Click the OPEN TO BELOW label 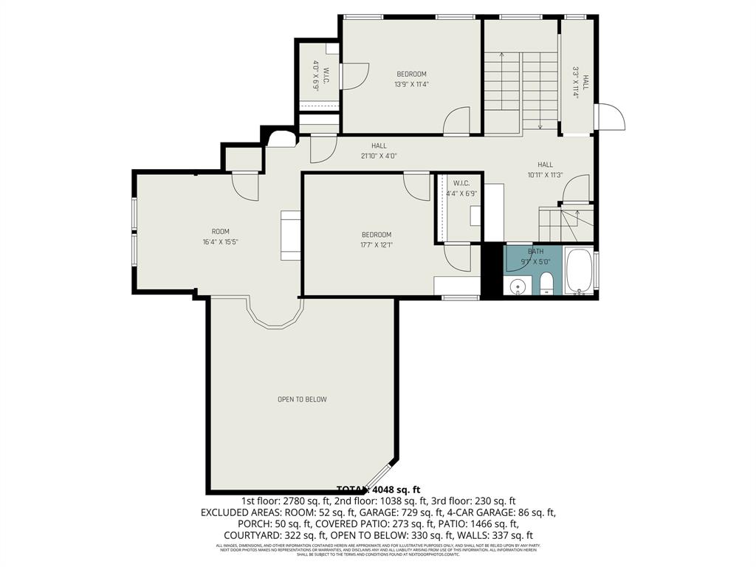[x=302, y=399]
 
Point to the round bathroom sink [x=518, y=285]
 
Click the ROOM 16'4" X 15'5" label [x=225, y=236]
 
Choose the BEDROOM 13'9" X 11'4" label [x=411, y=78]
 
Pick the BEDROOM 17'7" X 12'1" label [x=376, y=240]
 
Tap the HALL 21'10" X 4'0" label [x=379, y=151]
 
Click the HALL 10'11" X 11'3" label [x=545, y=170]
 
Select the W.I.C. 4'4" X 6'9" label [x=461, y=188]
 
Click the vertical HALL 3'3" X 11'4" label [x=580, y=83]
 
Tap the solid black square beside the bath [x=492, y=271]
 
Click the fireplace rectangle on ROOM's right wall [x=290, y=236]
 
